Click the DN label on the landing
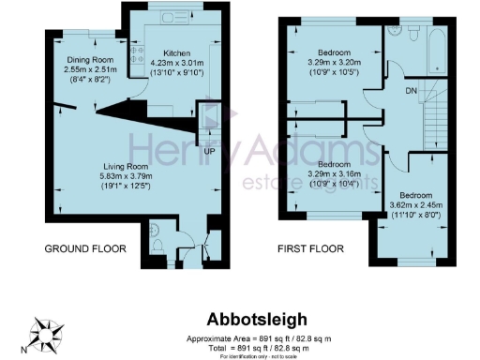[411, 92]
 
